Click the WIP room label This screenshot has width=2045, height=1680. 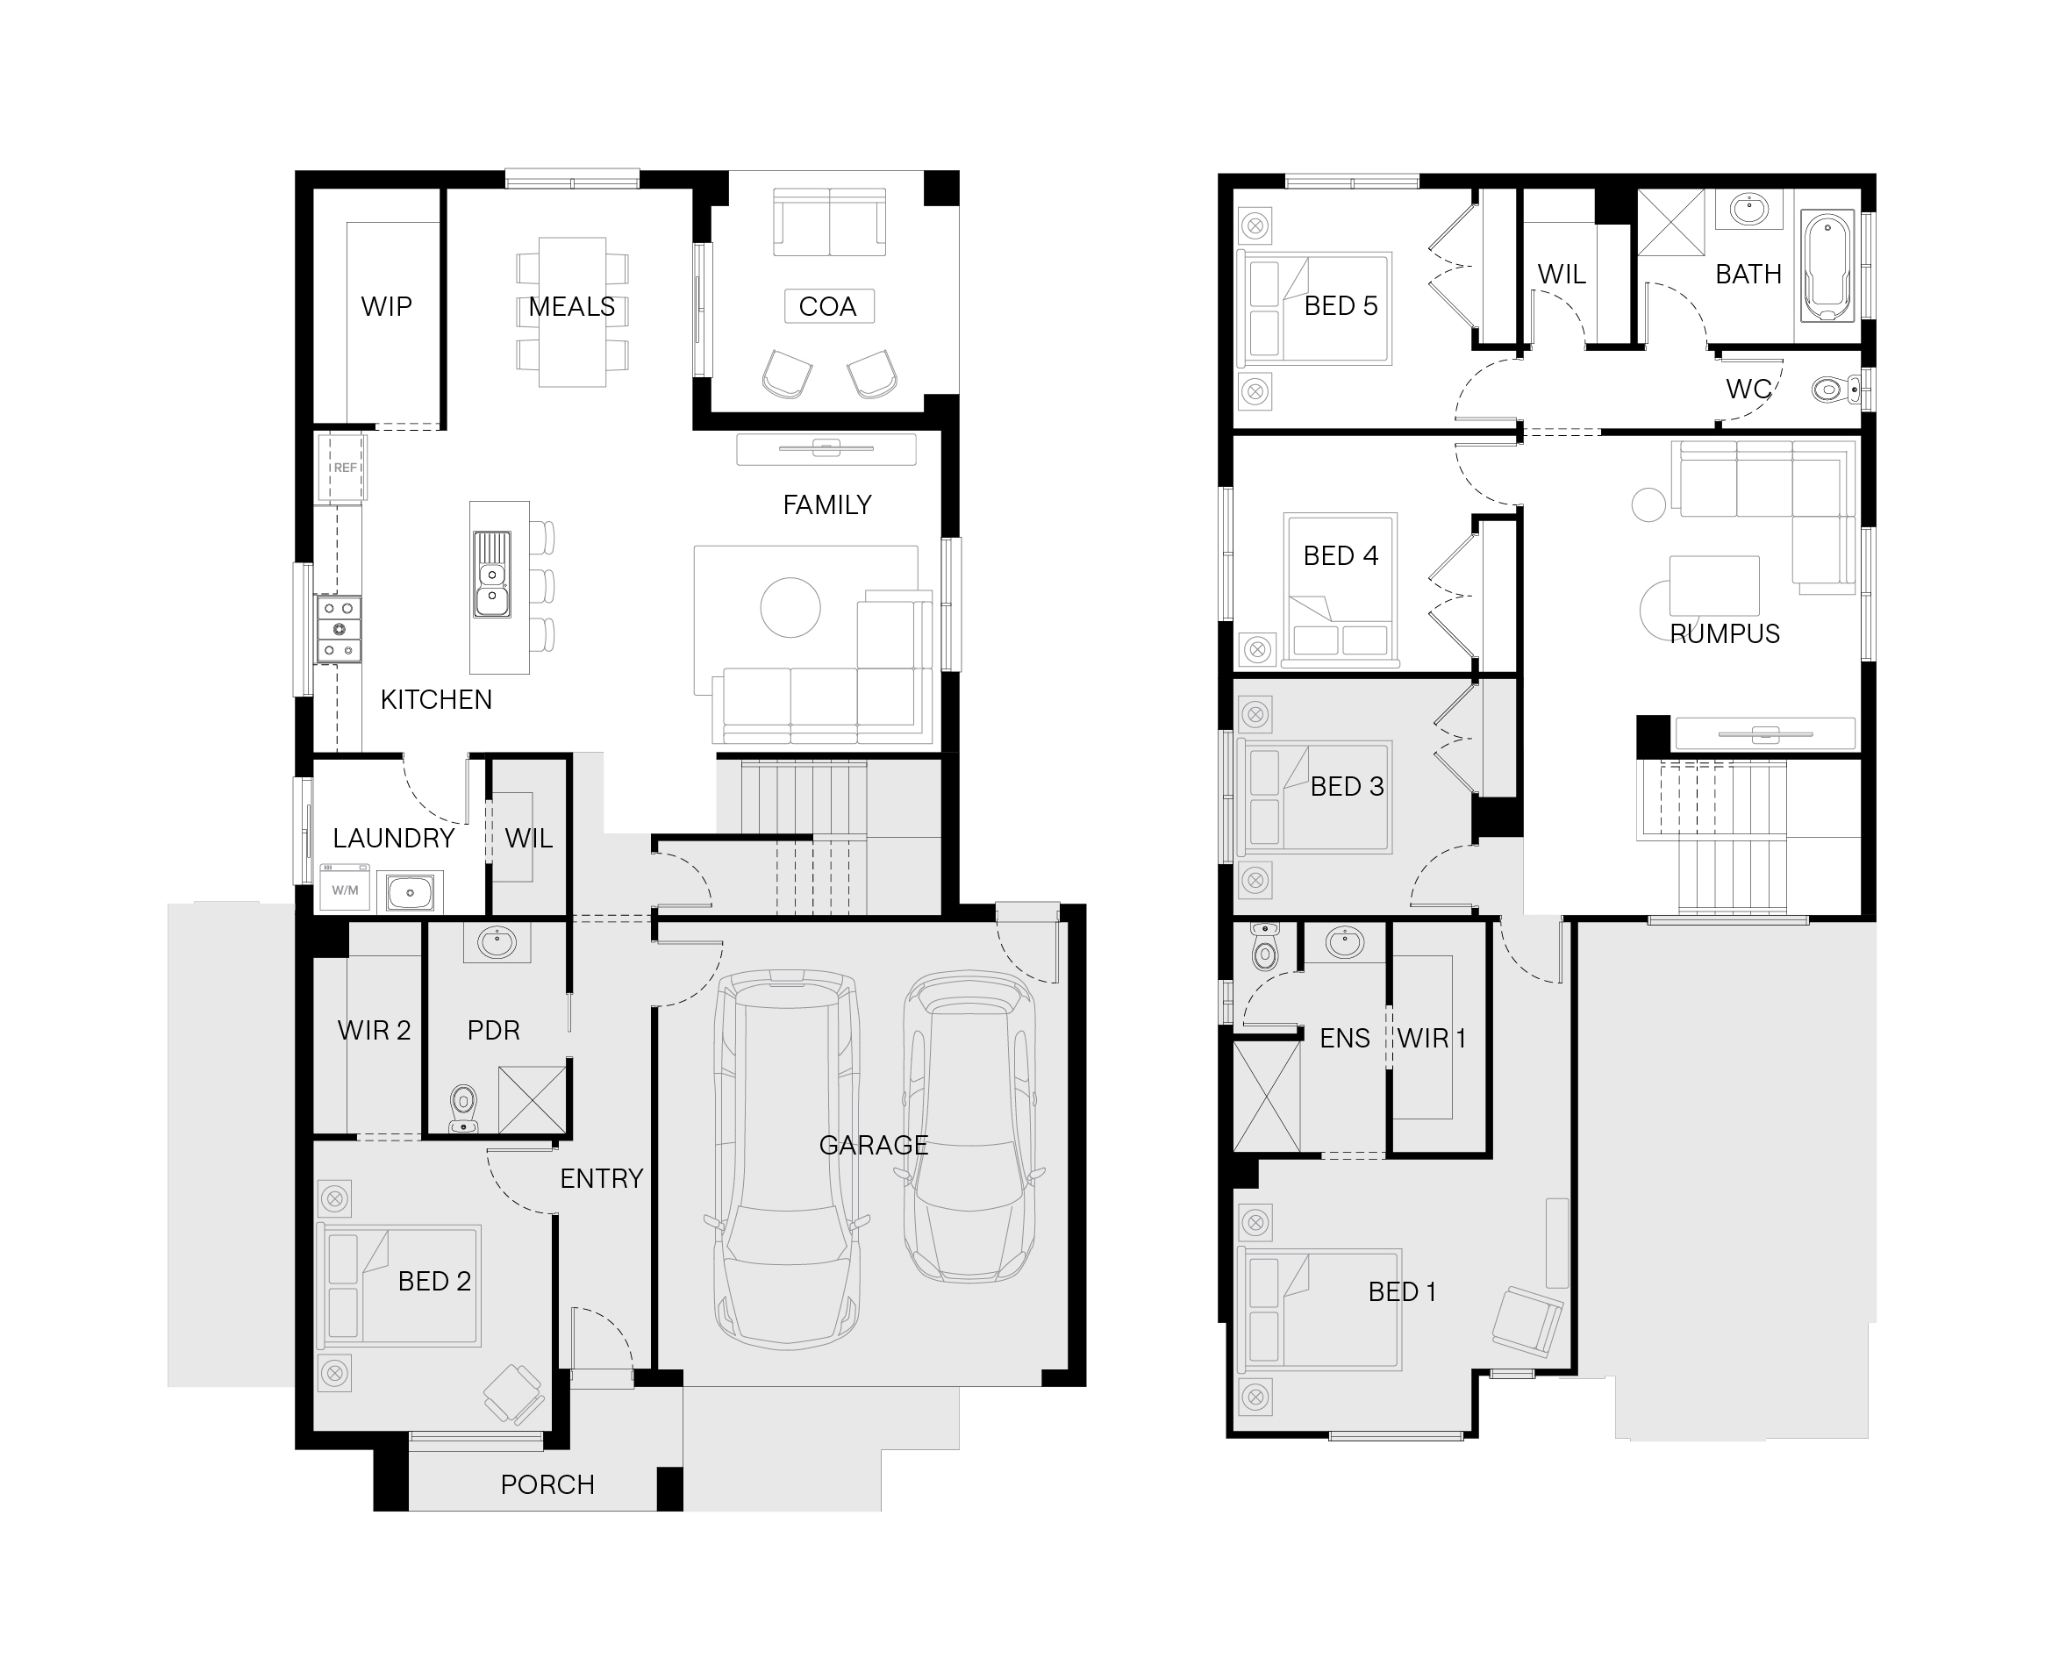click(x=386, y=307)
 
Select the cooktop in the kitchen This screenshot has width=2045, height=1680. click(x=339, y=629)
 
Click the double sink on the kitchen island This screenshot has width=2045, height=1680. click(x=491, y=574)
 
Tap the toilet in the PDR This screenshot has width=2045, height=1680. click(x=465, y=1108)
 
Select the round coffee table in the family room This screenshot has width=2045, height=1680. click(x=790, y=607)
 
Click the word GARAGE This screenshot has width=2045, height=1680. click(x=874, y=1145)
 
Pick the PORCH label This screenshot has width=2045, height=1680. click(x=547, y=1484)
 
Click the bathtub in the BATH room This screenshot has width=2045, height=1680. click(x=1827, y=266)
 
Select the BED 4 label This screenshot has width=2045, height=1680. click(x=1341, y=556)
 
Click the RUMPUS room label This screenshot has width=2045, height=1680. click(x=1725, y=634)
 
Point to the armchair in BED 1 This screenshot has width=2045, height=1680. click(x=1527, y=1321)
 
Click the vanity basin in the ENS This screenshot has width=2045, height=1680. click(x=1345, y=941)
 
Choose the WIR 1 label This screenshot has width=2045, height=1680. click(x=1432, y=1039)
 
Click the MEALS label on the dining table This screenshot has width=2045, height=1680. click(x=572, y=307)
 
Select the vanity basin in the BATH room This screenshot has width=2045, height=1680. click(x=1748, y=208)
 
